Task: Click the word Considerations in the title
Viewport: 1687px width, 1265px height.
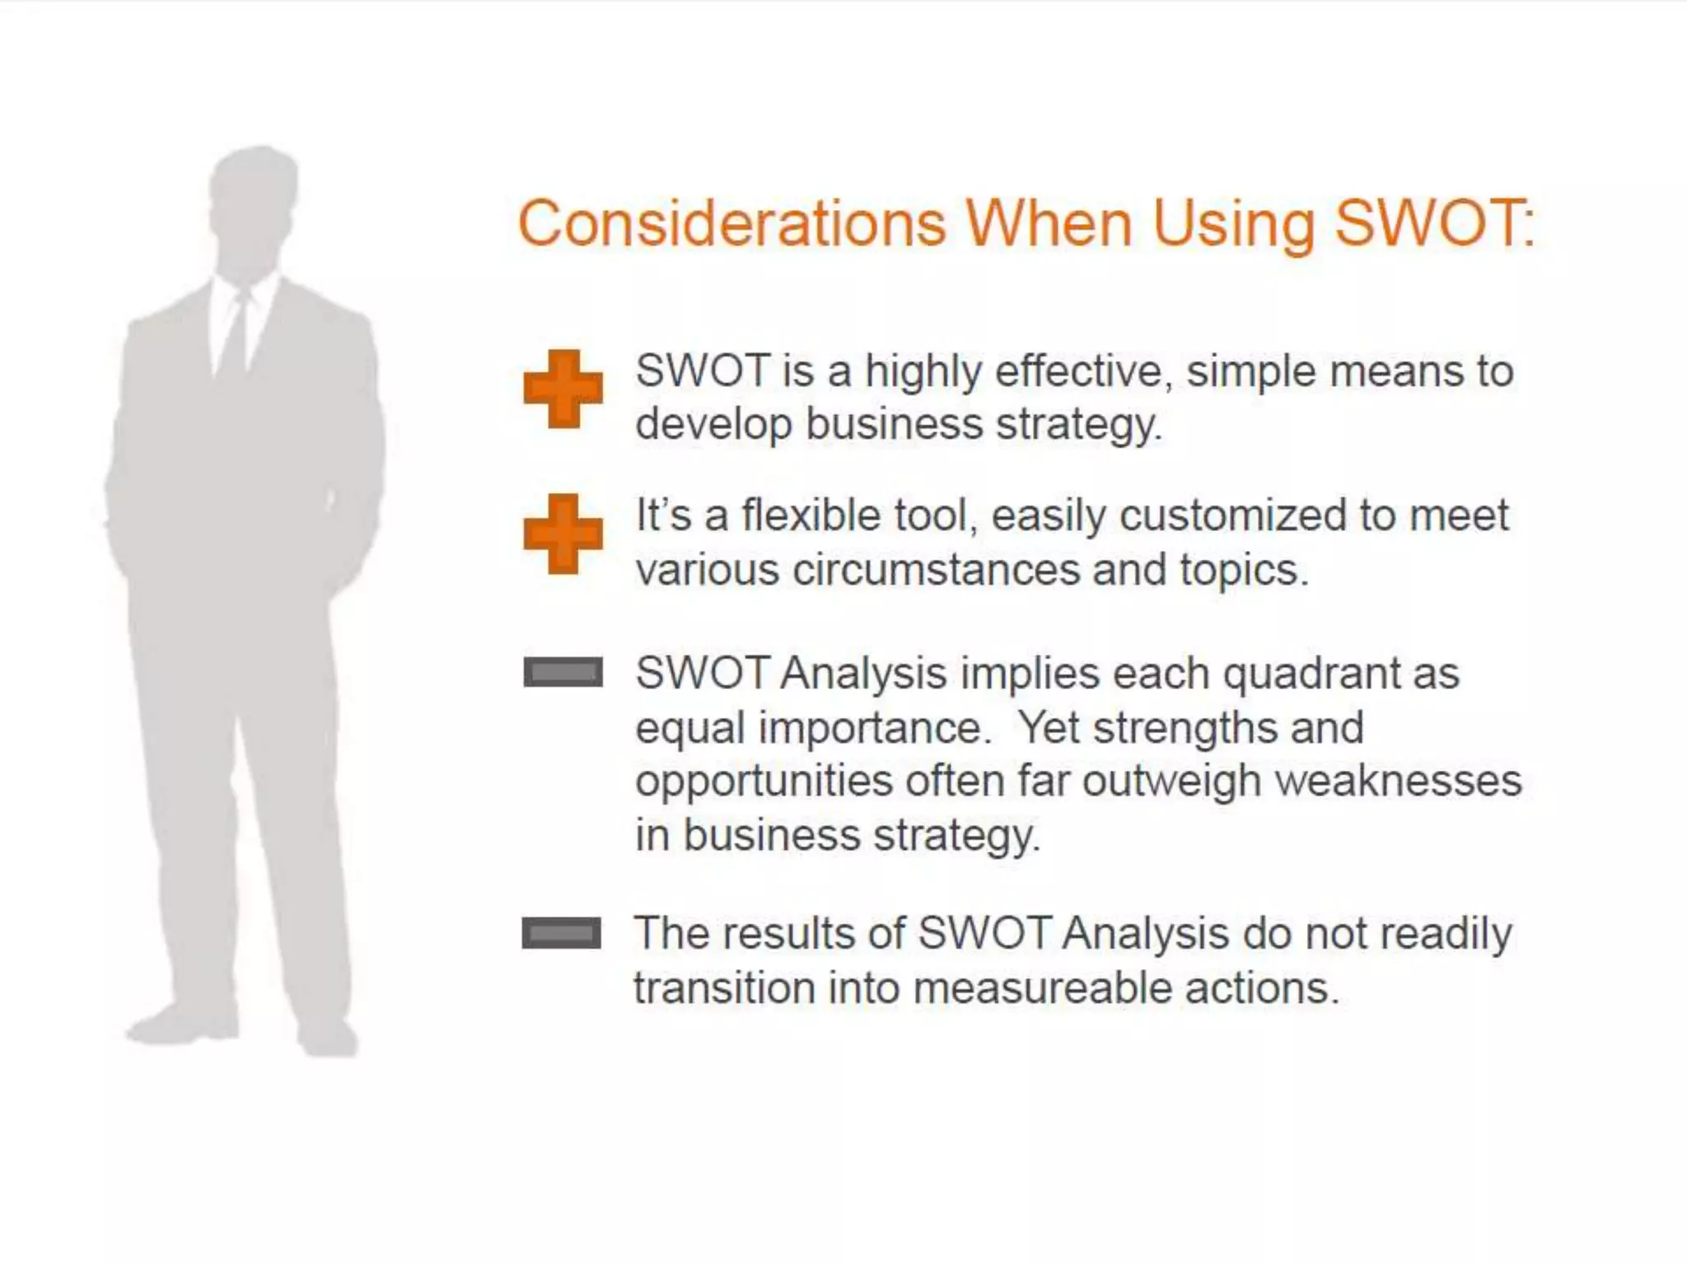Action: [x=731, y=223]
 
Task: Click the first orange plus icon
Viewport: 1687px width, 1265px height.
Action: [x=563, y=389]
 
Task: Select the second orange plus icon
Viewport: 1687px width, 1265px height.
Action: [x=563, y=534]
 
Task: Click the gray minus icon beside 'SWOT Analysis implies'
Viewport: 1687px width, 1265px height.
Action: [x=563, y=672]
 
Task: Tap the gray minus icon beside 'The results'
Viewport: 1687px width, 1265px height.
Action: [x=562, y=933]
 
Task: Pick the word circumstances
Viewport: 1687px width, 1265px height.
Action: [x=937, y=570]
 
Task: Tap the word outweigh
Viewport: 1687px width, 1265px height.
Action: [x=1171, y=781]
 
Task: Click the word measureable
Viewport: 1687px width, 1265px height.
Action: [x=1042, y=987]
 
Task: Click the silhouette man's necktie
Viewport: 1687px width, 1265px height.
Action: [x=236, y=334]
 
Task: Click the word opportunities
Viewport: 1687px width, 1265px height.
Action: [x=764, y=782]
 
